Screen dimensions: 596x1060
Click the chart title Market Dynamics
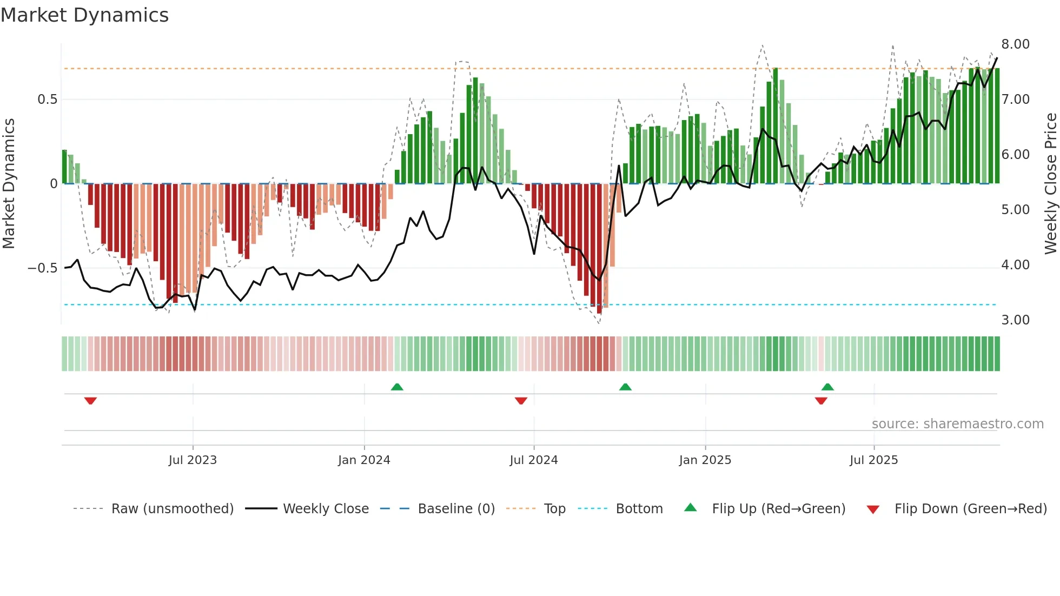pyautogui.click(x=84, y=15)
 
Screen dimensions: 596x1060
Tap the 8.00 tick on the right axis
pyautogui.click(x=1015, y=44)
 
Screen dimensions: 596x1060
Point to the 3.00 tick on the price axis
pyautogui.click(x=1015, y=320)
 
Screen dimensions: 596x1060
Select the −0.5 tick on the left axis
pyautogui.click(x=42, y=268)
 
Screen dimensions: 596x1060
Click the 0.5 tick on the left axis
pyautogui.click(x=47, y=100)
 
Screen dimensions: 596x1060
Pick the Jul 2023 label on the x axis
pyautogui.click(x=193, y=460)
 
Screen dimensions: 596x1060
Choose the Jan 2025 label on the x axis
pyautogui.click(x=705, y=460)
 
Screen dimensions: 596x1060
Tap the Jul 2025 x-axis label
pyautogui.click(x=873, y=460)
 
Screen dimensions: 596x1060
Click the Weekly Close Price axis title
pyautogui.click(x=1050, y=184)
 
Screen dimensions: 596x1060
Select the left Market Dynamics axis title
pyautogui.click(x=9, y=184)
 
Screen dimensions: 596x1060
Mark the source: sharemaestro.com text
pyautogui.click(x=957, y=424)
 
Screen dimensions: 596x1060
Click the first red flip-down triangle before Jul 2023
pyautogui.click(x=90, y=401)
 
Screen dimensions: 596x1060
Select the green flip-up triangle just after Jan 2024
pyautogui.click(x=397, y=387)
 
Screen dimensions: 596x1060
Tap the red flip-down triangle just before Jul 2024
pyautogui.click(x=521, y=401)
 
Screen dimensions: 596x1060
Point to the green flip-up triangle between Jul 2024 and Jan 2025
pyautogui.click(x=625, y=387)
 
